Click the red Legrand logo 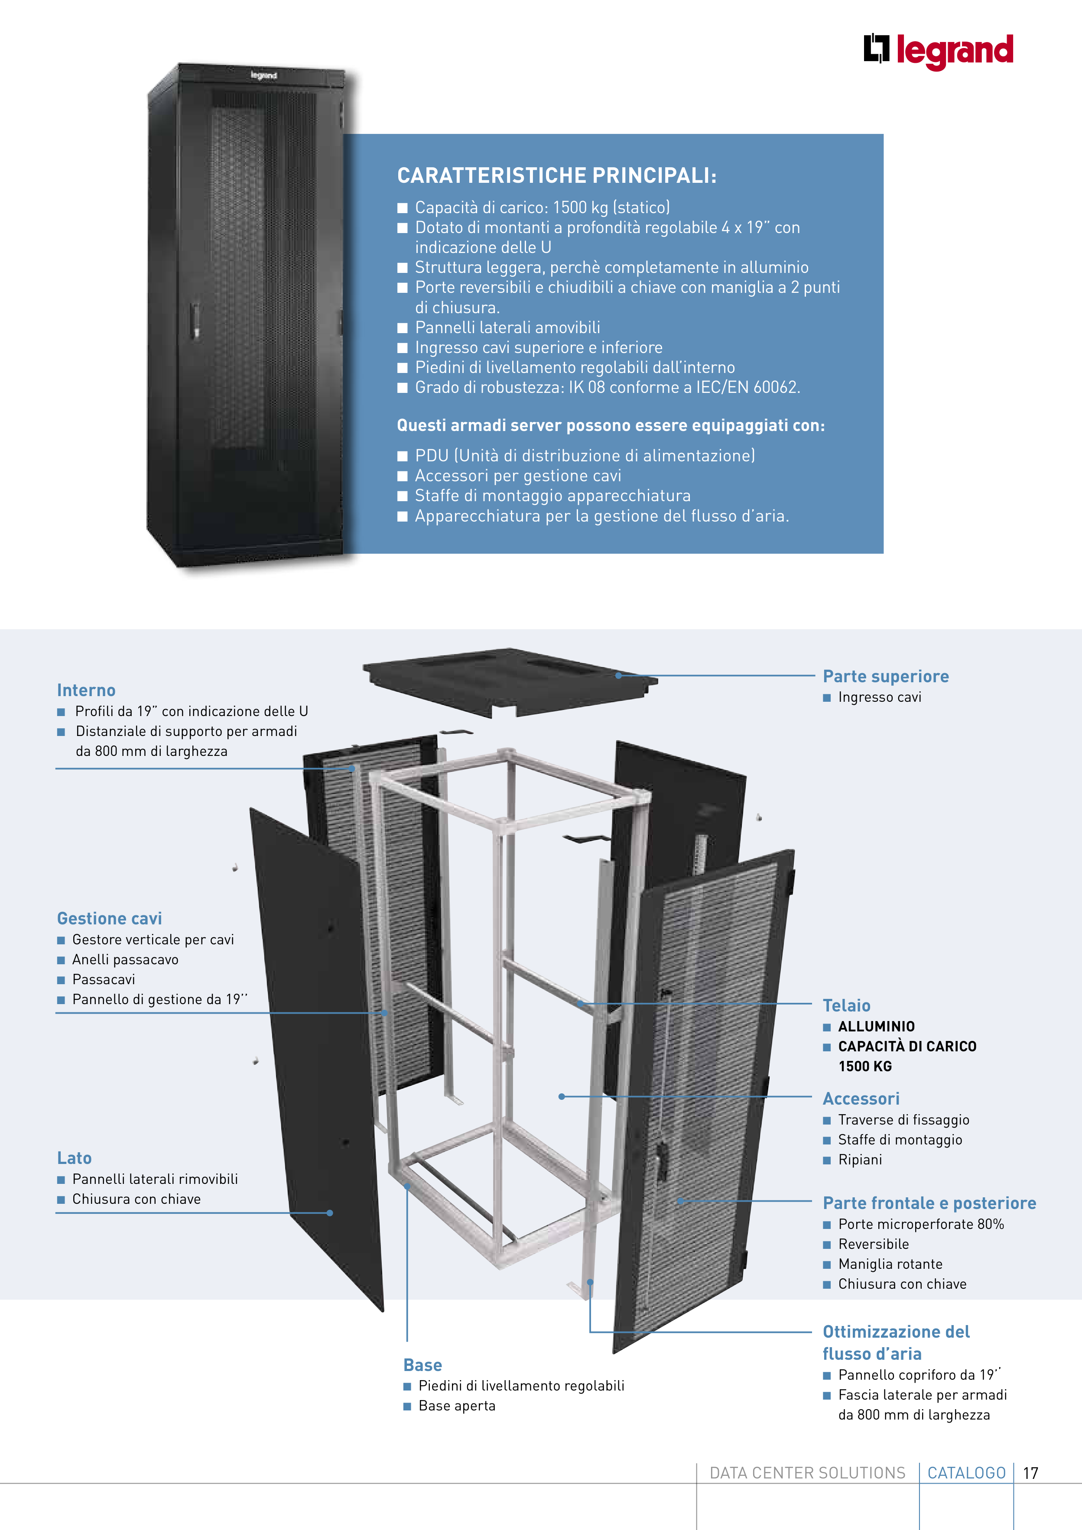[x=938, y=51]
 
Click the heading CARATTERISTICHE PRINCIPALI [x=557, y=175]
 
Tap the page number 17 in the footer [x=1031, y=1473]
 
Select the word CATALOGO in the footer [x=966, y=1473]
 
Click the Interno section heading [x=86, y=690]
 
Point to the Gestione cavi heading [x=109, y=919]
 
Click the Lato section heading [x=74, y=1158]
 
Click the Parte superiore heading [x=885, y=676]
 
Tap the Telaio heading [x=846, y=1005]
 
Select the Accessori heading [x=861, y=1099]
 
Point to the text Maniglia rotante [x=890, y=1264]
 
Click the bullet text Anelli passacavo [x=125, y=959]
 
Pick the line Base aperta [x=457, y=1406]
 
